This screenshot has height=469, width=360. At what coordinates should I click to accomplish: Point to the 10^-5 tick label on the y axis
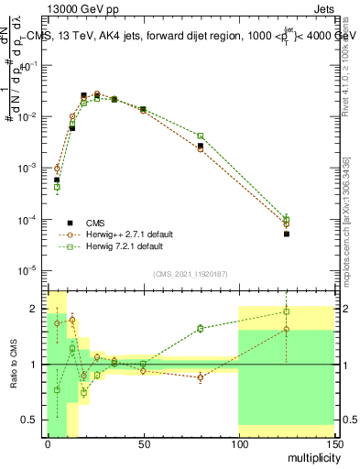(31, 271)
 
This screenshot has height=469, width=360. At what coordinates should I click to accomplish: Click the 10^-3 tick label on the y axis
(31, 169)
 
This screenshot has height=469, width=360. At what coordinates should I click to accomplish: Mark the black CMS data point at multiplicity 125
(286, 234)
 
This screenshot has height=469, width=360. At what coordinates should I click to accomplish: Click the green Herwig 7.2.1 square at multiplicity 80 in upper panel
(200, 136)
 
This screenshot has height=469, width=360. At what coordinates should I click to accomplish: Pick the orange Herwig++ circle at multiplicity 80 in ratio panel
(200, 376)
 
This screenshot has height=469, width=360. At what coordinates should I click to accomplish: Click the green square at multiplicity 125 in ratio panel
(286, 311)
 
